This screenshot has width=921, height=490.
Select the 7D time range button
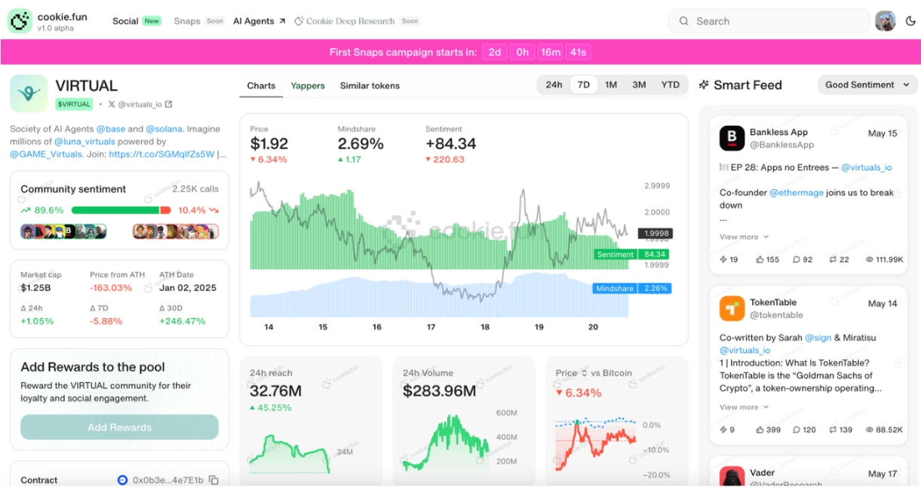click(583, 85)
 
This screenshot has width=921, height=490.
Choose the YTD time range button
click(670, 85)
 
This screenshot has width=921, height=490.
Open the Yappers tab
click(308, 86)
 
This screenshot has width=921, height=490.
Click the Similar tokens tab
click(370, 86)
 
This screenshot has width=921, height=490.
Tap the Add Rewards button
click(119, 427)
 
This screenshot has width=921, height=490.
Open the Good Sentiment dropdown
click(867, 85)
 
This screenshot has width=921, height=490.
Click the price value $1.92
click(269, 144)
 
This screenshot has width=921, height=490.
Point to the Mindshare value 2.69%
click(361, 144)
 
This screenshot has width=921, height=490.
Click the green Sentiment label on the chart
click(616, 255)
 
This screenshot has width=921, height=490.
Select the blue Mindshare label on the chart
click(615, 289)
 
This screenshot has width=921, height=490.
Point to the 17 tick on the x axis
click(431, 327)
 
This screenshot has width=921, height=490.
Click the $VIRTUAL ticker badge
click(74, 105)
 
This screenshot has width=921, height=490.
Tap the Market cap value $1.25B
click(35, 288)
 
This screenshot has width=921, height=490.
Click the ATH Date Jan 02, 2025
click(188, 288)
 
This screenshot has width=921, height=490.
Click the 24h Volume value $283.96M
click(439, 391)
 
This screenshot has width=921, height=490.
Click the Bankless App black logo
click(732, 139)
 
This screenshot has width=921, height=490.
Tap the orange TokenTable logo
click(732, 309)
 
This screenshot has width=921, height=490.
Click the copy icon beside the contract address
click(213, 480)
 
